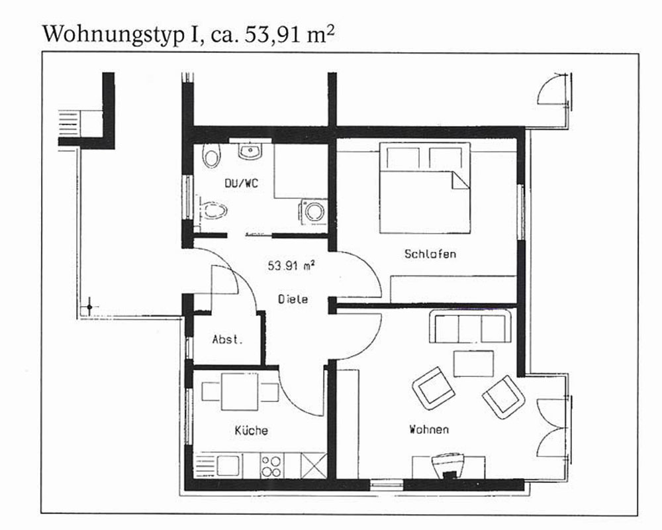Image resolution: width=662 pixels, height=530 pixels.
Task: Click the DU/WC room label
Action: [242, 183]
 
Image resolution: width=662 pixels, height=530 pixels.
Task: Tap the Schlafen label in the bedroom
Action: [430, 254]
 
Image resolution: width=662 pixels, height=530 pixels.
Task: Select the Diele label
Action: [293, 299]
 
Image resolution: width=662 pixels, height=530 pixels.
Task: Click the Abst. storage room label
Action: [228, 339]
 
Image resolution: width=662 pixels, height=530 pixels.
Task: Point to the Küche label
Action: [251, 430]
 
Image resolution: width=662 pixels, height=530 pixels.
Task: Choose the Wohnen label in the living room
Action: [429, 429]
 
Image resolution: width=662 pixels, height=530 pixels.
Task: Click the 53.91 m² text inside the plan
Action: [291, 266]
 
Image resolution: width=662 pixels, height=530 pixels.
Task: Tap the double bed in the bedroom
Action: [425, 187]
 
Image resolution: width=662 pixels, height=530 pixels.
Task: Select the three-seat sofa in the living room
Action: [470, 327]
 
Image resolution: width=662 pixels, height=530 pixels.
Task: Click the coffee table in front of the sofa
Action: [473, 364]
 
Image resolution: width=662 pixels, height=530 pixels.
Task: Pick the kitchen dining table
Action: [240, 392]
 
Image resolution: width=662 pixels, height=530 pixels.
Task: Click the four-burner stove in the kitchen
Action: [271, 466]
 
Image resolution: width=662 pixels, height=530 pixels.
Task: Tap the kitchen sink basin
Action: [228, 466]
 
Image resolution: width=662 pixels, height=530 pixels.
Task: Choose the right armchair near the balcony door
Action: [504, 397]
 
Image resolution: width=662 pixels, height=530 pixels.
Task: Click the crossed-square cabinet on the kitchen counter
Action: [314, 466]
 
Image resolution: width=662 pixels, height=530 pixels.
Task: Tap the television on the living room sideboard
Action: [448, 465]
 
